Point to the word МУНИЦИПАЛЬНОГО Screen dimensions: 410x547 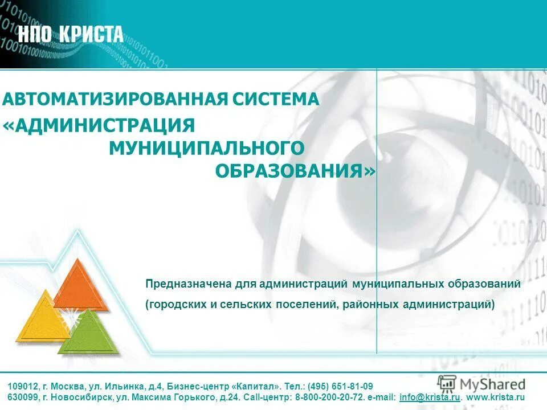pyautogui.click(x=206, y=148)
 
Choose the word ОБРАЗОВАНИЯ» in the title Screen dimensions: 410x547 pyautogui.click(x=295, y=171)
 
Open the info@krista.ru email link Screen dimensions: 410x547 pyautogui.click(x=430, y=397)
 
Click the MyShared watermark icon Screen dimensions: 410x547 pyautogui.click(x=447, y=383)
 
